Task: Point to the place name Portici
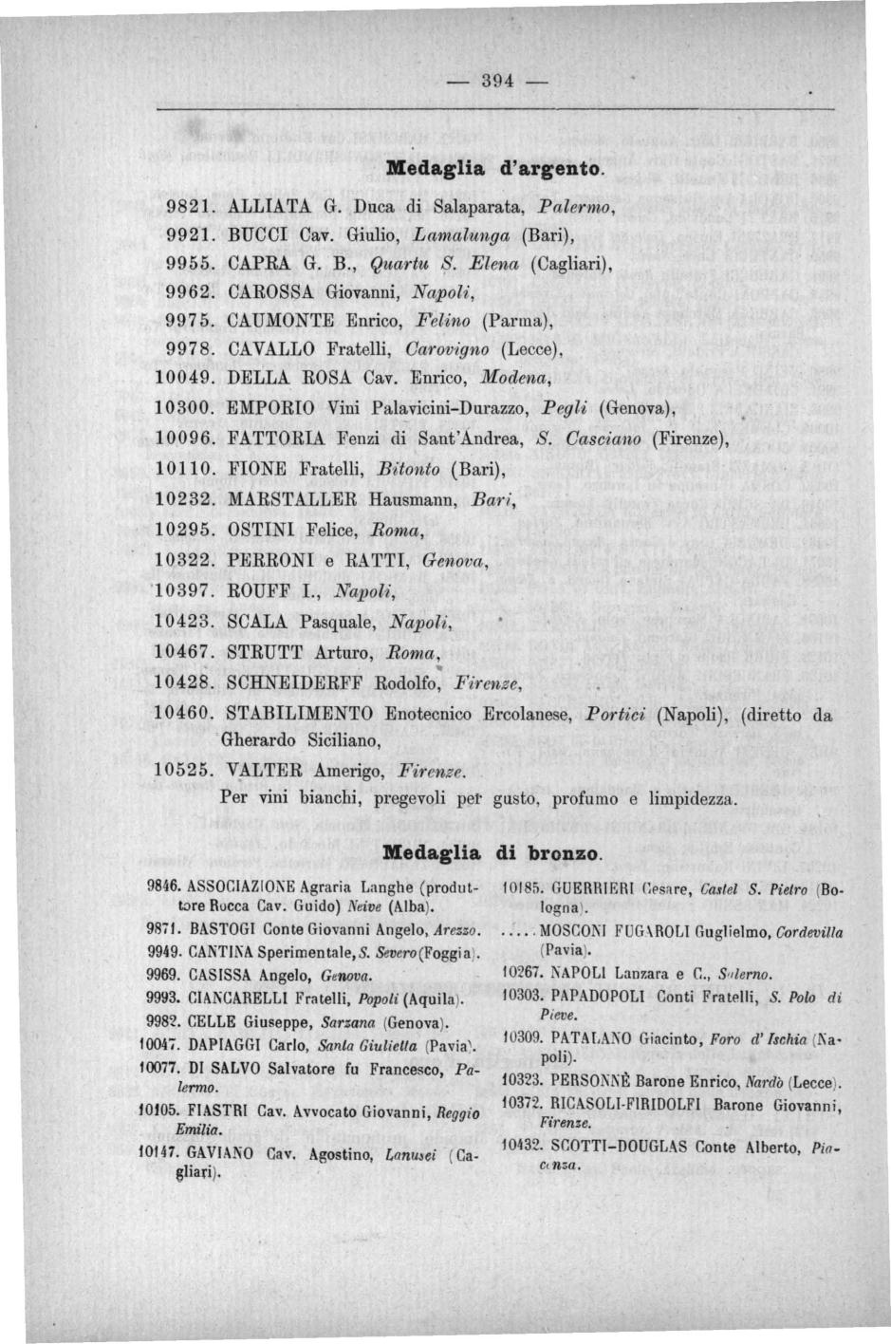point(617,714)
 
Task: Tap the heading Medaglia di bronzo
point(492,852)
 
